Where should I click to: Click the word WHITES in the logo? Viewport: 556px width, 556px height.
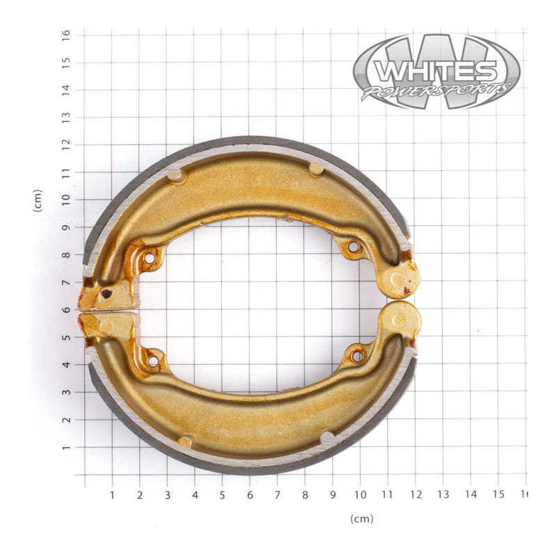pos(435,71)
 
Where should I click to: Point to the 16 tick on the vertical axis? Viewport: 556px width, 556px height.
pos(66,33)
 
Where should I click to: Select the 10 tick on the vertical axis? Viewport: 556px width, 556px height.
pos(66,199)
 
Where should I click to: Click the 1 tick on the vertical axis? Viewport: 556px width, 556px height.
pos(66,448)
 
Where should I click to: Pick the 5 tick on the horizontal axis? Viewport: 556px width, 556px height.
pos(222,495)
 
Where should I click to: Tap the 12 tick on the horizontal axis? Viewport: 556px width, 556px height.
pos(415,495)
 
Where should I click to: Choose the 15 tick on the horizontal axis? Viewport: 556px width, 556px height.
pos(498,495)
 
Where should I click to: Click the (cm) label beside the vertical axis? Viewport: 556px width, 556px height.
pos(38,201)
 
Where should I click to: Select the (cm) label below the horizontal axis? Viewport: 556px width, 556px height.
pos(361,518)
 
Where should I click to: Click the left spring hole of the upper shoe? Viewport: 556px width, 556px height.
pos(149,259)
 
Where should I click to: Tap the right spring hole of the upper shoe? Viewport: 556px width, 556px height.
pos(353,247)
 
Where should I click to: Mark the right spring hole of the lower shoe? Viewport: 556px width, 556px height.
pos(357,356)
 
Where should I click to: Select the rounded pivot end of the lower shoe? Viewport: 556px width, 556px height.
pos(400,320)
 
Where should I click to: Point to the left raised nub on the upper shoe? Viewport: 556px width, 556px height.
pos(177,175)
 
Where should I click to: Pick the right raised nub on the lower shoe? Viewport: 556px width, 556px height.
pos(326,438)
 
